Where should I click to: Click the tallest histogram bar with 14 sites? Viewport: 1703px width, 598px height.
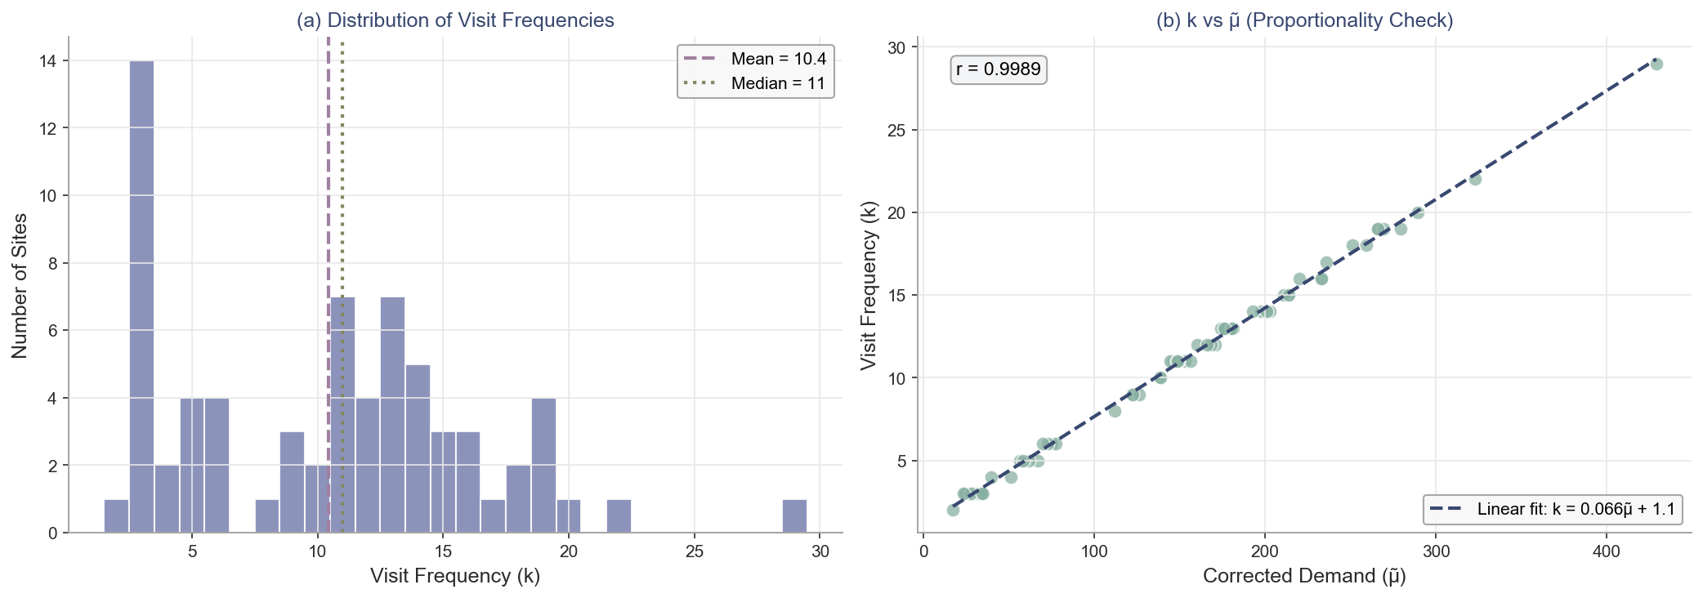141,297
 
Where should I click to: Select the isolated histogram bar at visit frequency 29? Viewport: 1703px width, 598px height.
794,515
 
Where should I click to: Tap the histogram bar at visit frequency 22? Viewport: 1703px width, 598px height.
619,515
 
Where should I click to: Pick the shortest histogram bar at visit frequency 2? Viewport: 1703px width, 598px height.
116,515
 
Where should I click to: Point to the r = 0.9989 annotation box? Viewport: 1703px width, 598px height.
999,69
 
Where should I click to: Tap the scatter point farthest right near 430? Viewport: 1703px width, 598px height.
1656,64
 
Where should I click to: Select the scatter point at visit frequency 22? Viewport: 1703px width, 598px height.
1475,179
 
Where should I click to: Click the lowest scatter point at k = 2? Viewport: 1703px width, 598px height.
953,510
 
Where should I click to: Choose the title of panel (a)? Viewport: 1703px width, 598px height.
455,20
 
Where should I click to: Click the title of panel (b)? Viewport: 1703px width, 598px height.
1304,20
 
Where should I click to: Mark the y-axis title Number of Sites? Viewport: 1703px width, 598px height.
20,285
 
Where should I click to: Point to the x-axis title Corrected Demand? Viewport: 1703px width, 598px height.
1304,576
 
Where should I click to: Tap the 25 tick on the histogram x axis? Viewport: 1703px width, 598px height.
695,551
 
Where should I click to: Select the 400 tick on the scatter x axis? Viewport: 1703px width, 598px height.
1607,551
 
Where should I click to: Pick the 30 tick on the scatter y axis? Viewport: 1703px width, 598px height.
896,47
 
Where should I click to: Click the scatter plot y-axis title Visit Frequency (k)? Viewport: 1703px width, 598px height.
869,285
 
